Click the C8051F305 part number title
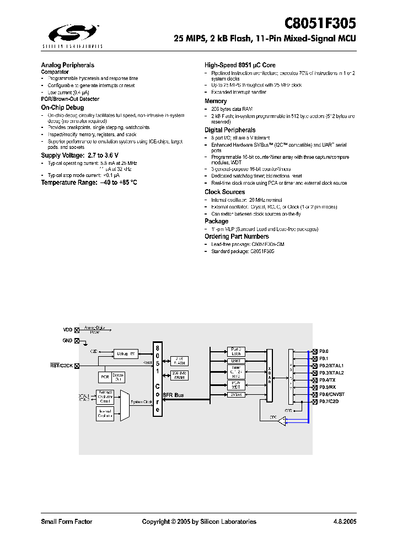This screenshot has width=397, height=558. coord(320,23)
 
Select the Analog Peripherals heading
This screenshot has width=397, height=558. coord(68,65)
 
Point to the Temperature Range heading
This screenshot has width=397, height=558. coord(89,182)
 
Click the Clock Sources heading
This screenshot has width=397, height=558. coord(225,192)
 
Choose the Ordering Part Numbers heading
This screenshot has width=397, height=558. coord(237,237)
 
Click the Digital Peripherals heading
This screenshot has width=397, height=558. coord(230,130)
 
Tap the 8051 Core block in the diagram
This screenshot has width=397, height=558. coord(157,379)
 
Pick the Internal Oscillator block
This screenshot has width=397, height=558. coord(105,414)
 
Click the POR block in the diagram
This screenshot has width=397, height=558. coord(105,377)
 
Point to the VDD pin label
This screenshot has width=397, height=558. coord(68,330)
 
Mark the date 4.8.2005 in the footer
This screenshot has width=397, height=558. coord(345,522)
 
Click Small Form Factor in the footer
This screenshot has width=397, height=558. coord(67,522)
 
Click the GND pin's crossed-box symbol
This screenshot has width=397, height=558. coord(77,341)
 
